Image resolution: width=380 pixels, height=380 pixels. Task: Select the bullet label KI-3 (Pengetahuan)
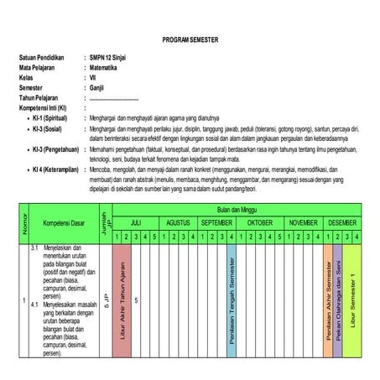(55, 148)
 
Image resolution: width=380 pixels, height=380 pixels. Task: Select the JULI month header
(137, 223)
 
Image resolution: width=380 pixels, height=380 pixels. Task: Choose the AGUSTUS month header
(177, 223)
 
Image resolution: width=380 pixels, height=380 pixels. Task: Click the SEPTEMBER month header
(216, 223)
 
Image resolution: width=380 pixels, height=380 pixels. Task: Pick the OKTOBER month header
(259, 223)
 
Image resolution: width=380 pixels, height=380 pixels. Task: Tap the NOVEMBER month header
(302, 223)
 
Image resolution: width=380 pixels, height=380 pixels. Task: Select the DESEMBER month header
(342, 223)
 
